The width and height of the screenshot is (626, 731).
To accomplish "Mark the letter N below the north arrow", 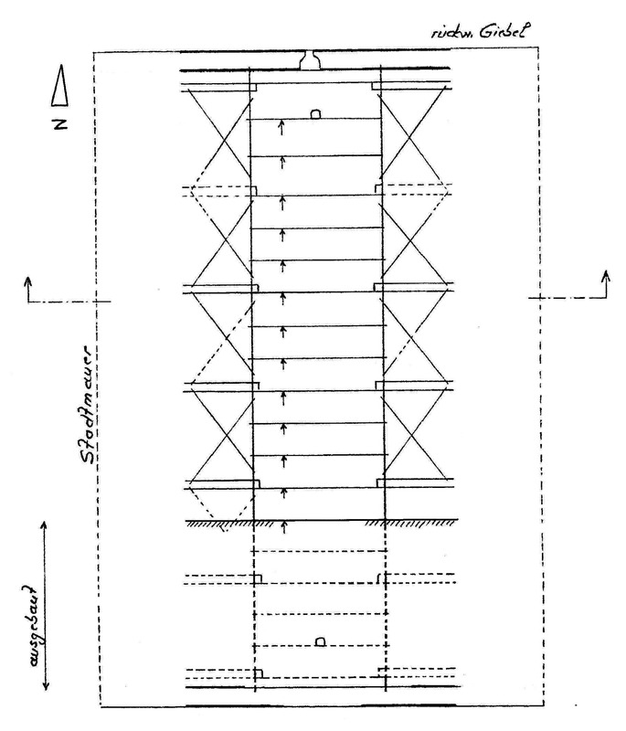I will [60, 122].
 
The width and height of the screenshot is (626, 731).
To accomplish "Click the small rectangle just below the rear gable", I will [315, 114].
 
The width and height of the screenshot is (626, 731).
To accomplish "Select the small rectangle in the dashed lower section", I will [320, 641].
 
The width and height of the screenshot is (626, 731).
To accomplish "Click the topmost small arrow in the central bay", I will [281, 128].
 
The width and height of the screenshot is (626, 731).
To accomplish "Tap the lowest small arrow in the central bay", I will [284, 524].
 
